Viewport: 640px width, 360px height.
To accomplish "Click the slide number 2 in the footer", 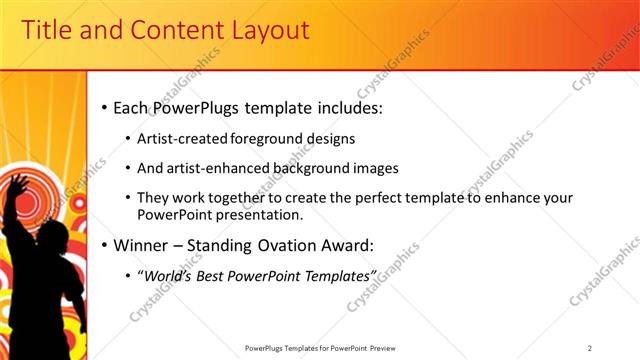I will (x=590, y=347).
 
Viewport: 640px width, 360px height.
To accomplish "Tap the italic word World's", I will (x=167, y=274).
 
